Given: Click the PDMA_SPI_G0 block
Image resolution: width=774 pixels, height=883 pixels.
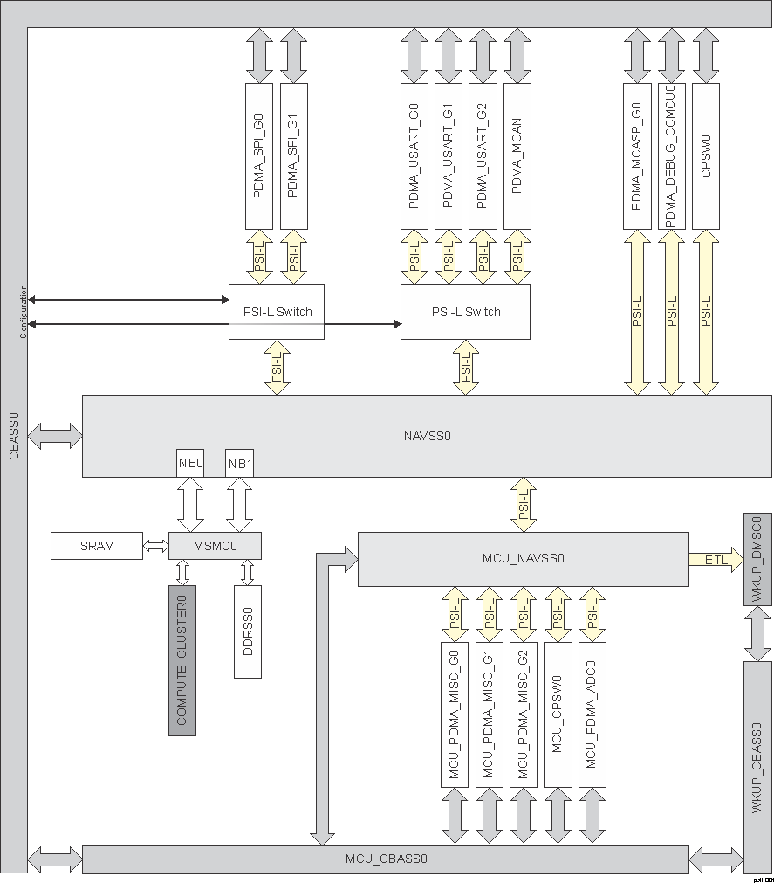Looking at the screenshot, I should (x=259, y=156).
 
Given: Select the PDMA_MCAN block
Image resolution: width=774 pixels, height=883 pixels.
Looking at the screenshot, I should (x=517, y=156).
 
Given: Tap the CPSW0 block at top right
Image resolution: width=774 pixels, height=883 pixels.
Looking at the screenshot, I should (x=706, y=156).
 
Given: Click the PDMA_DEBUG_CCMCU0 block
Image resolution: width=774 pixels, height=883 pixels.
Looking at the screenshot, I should (x=672, y=156).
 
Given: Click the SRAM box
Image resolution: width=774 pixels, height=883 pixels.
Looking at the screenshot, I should (x=97, y=546).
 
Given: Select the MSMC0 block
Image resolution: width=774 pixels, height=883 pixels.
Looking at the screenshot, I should (x=215, y=546).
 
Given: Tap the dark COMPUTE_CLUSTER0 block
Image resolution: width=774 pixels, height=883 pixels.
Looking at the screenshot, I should (x=182, y=660).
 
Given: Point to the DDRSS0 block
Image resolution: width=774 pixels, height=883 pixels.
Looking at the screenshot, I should (x=248, y=631).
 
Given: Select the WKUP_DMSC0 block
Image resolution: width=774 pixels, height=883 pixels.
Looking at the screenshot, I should (x=757, y=560).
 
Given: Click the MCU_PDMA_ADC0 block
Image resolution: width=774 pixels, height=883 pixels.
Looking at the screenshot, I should (x=592, y=714).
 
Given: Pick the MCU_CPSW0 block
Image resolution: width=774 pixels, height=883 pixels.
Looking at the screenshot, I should (x=558, y=714).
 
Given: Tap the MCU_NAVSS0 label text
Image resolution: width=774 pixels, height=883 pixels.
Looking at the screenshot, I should (x=524, y=557).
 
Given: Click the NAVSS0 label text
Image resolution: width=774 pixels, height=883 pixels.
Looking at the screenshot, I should (x=428, y=434).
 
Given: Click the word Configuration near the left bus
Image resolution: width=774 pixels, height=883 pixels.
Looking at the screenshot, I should (x=24, y=313).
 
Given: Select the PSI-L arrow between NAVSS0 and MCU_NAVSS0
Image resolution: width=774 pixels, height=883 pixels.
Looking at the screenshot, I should (x=524, y=504).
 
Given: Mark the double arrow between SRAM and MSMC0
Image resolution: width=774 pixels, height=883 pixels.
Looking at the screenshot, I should (x=155, y=546).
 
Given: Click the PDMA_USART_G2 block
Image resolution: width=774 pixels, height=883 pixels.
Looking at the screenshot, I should (x=483, y=156).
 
